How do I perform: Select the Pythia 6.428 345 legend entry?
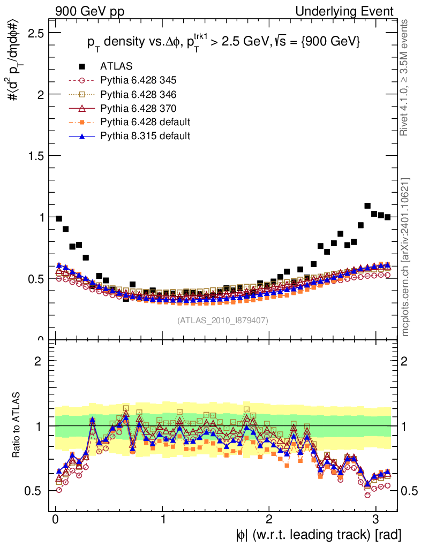pos(138,80)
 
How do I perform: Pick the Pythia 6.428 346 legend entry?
pos(138,94)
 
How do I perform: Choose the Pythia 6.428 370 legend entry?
pos(138,108)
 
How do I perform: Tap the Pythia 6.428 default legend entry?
pos(145,122)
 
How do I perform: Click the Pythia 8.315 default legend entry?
pos(145,136)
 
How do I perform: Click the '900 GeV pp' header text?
pos(89,11)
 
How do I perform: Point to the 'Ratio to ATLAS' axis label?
pos(17,426)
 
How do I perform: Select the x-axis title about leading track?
pos(318,535)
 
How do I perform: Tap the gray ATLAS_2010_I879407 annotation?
pos(223,320)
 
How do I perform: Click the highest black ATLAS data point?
pos(367,205)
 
